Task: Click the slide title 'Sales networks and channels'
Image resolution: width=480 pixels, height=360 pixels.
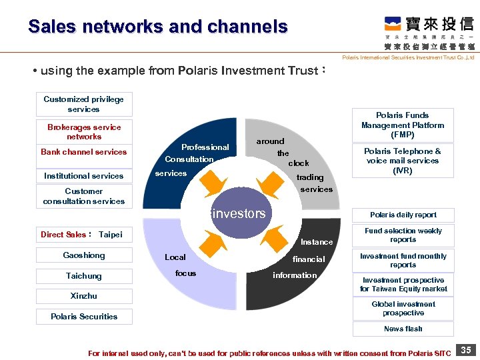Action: click(158, 27)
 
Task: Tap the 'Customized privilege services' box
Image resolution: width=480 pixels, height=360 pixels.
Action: click(84, 104)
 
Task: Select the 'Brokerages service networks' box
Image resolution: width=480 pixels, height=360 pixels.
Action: click(84, 132)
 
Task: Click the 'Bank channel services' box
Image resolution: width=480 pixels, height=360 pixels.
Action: click(84, 152)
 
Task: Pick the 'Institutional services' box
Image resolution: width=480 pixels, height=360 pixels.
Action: click(84, 176)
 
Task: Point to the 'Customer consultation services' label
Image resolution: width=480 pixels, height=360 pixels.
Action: click(84, 196)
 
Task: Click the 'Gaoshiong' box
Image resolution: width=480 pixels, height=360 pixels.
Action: click(84, 255)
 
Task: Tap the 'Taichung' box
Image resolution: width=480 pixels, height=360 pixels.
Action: click(84, 276)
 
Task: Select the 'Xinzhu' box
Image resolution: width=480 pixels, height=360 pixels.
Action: click(84, 296)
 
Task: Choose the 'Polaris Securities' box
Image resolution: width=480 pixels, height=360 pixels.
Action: click(84, 317)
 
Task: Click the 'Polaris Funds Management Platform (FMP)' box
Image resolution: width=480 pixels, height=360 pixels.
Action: click(403, 125)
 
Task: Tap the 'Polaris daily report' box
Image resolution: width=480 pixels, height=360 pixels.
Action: click(403, 215)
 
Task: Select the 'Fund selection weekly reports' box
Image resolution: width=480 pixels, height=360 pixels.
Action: click(403, 235)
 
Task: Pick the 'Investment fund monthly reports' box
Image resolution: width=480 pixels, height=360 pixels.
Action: click(403, 260)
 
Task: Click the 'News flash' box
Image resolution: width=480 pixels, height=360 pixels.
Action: click(403, 329)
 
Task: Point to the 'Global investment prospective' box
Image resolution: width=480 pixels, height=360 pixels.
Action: click(403, 309)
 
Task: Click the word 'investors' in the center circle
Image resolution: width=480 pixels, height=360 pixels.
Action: click(238, 214)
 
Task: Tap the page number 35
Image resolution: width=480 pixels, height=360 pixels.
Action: click(466, 350)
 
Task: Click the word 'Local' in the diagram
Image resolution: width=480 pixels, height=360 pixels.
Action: click(175, 257)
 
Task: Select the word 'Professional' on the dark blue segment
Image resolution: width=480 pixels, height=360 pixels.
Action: click(205, 147)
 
